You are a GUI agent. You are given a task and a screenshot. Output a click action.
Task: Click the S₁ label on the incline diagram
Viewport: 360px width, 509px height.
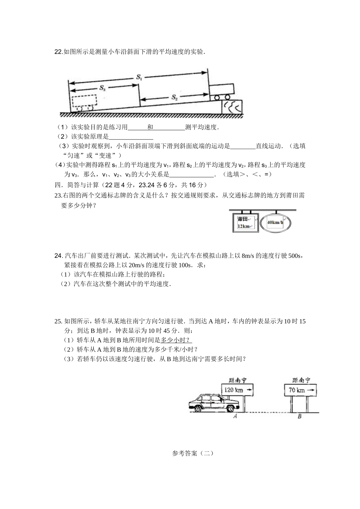coord(139,77)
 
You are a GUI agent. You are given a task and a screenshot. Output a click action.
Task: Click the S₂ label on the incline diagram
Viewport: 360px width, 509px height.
coord(174,97)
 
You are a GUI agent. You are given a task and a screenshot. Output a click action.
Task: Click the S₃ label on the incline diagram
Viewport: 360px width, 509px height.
coord(102,88)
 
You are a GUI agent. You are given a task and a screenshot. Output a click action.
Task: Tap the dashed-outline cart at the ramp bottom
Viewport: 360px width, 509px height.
coord(85,102)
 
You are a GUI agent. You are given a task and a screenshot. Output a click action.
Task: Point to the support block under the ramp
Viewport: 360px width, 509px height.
coord(232,106)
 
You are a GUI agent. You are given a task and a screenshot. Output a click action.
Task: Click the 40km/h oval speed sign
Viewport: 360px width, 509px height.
coord(275,223)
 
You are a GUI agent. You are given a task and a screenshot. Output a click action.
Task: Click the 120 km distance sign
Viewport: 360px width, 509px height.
coord(237,390)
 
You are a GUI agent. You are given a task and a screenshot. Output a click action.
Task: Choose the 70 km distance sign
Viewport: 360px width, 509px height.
coord(300,390)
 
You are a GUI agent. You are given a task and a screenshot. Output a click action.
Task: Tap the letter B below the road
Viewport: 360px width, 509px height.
coord(299,417)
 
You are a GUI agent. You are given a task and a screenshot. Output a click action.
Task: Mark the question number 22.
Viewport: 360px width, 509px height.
coord(58,52)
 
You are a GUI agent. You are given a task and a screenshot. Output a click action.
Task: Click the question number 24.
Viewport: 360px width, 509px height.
coord(58,256)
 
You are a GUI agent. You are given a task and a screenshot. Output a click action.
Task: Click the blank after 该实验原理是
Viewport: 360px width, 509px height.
coord(131,137)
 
